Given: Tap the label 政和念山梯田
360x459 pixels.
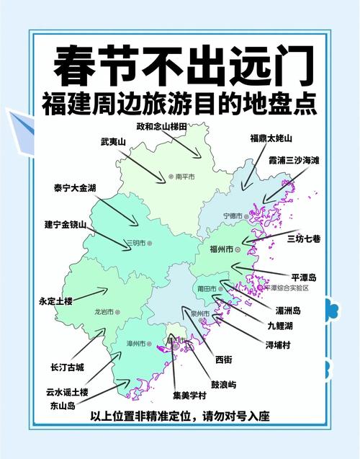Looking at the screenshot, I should pyautogui.click(x=162, y=126).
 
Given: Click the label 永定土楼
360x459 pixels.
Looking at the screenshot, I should pyautogui.click(x=56, y=301).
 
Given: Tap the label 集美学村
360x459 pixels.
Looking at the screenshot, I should pyautogui.click(x=189, y=396).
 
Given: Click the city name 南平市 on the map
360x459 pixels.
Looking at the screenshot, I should pyautogui.click(x=186, y=176).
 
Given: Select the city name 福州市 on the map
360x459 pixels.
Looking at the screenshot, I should pyautogui.click(x=220, y=249).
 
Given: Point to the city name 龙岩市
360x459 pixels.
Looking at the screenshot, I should pyautogui.click(x=104, y=311).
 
